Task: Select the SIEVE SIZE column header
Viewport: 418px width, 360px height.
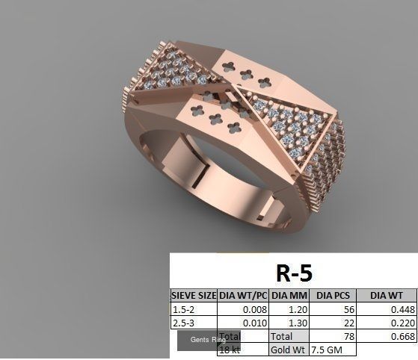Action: (194, 296)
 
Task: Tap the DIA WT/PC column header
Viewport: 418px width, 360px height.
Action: (242, 296)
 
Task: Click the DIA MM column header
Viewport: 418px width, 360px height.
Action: (288, 296)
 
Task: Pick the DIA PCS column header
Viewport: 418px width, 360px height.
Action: (331, 296)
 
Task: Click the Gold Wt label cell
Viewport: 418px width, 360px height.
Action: (287, 350)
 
